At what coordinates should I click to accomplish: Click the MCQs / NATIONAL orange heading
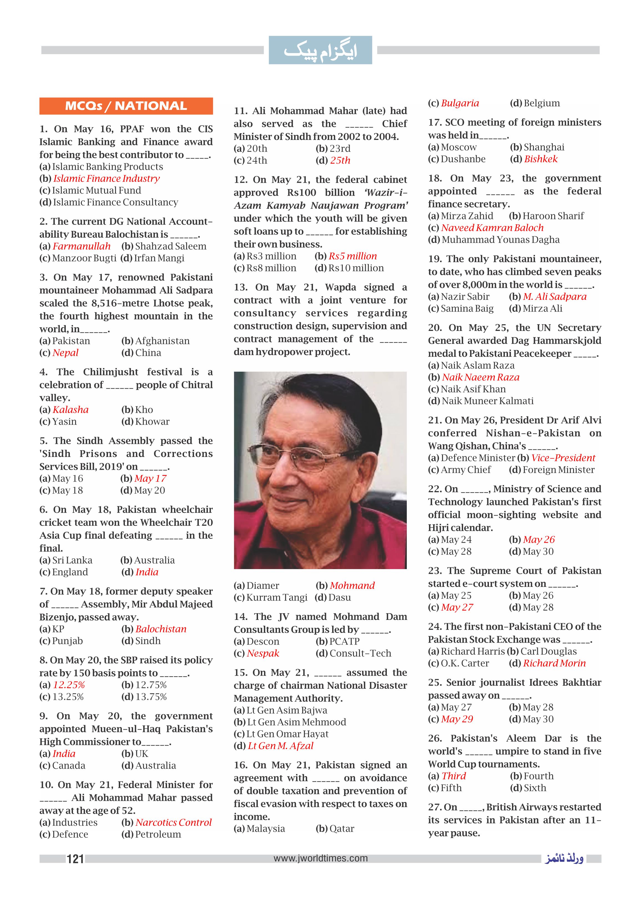tap(126, 106)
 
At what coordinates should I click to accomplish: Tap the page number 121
tap(75, 859)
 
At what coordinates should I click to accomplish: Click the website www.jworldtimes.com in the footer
tap(320, 858)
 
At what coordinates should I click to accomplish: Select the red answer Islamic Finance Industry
tap(107, 179)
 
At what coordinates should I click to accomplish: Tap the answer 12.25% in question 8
tap(69, 685)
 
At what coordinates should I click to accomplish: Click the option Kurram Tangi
tap(276, 597)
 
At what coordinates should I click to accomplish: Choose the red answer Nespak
tap(263, 653)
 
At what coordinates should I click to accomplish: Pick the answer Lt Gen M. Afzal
tap(280, 746)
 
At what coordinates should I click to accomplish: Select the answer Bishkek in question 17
tap(541, 159)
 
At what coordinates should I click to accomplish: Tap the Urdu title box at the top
tap(320, 50)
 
